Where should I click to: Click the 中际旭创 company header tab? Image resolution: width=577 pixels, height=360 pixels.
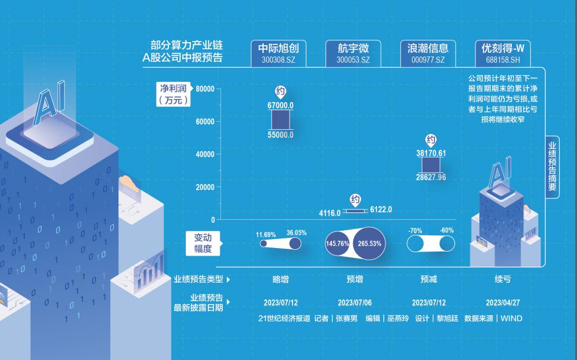click(x=279, y=54)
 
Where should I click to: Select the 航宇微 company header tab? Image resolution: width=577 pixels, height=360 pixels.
click(x=353, y=54)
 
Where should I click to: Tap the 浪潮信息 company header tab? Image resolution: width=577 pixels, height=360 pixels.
click(x=428, y=54)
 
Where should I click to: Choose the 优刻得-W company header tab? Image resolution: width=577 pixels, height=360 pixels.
click(x=503, y=54)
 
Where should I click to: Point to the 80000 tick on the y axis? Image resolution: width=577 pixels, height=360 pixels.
click(x=205, y=89)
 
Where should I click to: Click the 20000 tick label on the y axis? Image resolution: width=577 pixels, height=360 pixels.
click(x=205, y=187)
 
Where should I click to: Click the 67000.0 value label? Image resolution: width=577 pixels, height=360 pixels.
click(x=280, y=106)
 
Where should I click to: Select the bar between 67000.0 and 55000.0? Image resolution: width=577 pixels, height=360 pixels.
click(x=280, y=119)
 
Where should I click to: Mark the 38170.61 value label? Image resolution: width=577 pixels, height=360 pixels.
click(x=431, y=153)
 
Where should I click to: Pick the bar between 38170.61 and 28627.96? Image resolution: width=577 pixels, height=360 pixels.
click(x=431, y=165)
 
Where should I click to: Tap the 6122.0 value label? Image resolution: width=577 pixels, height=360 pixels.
click(x=381, y=209)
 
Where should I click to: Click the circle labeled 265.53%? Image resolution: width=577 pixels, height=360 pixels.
click(x=369, y=243)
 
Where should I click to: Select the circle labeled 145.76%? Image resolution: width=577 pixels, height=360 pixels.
click(x=338, y=243)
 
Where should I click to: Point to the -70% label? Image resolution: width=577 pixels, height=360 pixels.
click(x=415, y=231)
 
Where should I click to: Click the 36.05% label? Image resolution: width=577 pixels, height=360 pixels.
click(x=296, y=232)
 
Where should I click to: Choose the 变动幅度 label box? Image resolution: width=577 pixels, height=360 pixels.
click(x=203, y=243)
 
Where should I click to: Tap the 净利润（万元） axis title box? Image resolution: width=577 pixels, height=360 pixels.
click(x=173, y=95)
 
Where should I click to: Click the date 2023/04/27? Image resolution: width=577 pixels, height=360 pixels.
click(x=503, y=302)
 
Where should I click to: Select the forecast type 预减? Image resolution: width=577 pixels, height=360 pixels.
click(x=429, y=279)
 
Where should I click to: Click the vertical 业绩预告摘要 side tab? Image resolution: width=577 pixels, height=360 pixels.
click(x=552, y=167)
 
